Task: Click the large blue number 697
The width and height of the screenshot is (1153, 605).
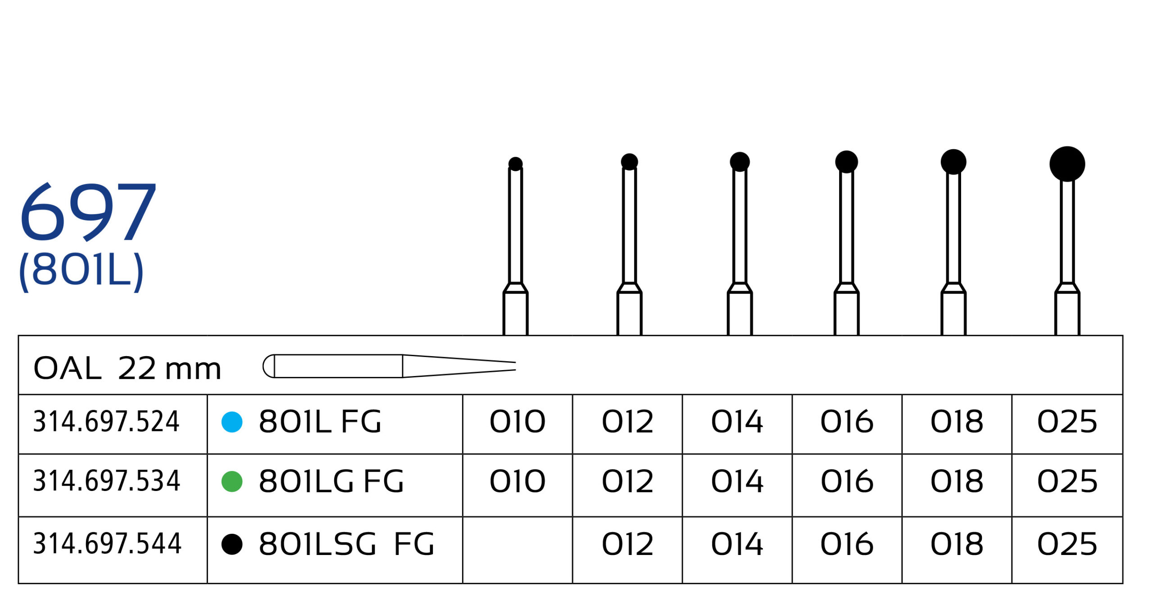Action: click(x=88, y=212)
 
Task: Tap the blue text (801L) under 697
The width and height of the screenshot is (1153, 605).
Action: click(x=82, y=271)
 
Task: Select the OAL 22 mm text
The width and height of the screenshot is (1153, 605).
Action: click(x=127, y=368)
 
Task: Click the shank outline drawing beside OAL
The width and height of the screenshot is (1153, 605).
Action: click(x=389, y=366)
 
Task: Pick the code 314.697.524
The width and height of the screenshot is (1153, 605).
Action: click(x=106, y=422)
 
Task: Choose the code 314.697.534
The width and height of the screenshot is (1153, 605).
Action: click(x=107, y=481)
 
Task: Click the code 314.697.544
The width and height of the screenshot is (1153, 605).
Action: click(x=107, y=544)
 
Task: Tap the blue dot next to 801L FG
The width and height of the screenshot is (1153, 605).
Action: click(x=232, y=422)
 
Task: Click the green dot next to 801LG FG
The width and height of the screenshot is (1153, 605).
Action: click(x=232, y=481)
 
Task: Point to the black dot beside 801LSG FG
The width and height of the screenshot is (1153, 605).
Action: click(x=232, y=544)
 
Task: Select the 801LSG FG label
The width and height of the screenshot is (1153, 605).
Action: click(x=346, y=544)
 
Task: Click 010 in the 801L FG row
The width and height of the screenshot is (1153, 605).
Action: click(x=517, y=422)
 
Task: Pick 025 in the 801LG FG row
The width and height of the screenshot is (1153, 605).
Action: click(x=1067, y=481)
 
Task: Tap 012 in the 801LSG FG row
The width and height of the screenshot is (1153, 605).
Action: click(x=627, y=544)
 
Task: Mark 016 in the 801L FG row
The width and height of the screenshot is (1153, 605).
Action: click(x=847, y=422)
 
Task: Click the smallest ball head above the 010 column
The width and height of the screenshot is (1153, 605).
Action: click(x=515, y=164)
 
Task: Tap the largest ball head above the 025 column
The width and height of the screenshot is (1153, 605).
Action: click(x=1067, y=164)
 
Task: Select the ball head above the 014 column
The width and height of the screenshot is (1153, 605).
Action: click(x=740, y=162)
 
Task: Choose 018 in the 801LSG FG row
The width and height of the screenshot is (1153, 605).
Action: click(x=957, y=544)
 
